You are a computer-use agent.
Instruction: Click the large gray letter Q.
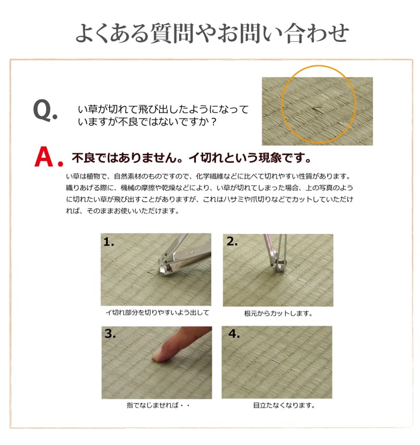[x=43, y=110]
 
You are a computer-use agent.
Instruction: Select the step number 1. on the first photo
[x=109, y=241]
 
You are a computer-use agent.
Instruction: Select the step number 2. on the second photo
[x=232, y=241]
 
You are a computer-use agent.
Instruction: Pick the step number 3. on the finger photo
[x=110, y=334]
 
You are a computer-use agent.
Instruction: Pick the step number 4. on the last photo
[x=233, y=334]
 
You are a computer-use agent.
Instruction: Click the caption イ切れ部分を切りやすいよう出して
[x=157, y=313]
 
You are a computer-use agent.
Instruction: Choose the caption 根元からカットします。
[x=278, y=313]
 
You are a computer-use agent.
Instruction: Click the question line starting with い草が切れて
[x=163, y=109]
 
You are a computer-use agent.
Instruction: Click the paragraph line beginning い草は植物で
[x=208, y=176]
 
